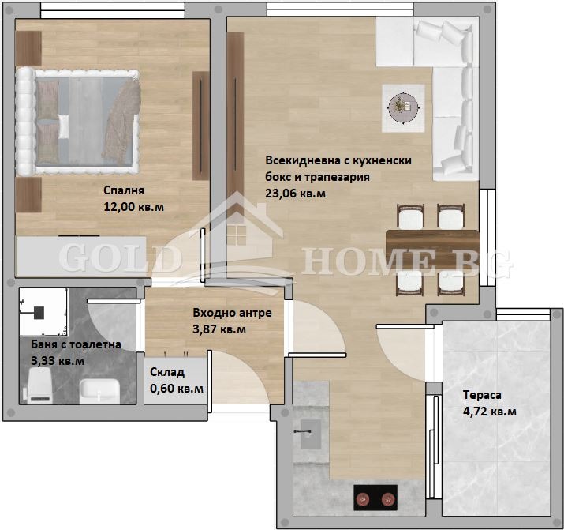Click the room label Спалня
(123, 190)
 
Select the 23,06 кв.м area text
(296, 193)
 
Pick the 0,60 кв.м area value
(176, 389)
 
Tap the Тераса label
(481, 395)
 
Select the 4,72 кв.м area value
(490, 412)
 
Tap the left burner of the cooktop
(364, 498)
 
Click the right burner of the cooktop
(387, 498)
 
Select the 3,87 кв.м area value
(219, 329)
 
